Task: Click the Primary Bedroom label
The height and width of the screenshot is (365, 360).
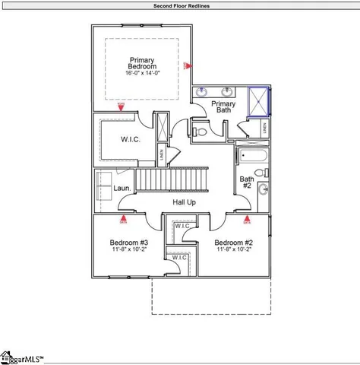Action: click(x=142, y=64)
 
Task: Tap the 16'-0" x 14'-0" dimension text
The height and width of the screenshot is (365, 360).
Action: click(x=142, y=75)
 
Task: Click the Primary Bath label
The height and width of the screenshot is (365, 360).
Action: click(x=223, y=107)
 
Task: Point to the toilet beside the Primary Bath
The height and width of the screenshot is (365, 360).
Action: click(x=199, y=132)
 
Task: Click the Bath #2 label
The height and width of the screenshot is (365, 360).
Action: click(x=246, y=182)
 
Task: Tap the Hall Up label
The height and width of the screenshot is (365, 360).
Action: click(x=185, y=202)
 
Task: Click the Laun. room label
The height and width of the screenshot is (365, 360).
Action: click(x=122, y=188)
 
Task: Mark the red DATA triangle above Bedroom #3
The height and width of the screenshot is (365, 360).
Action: click(x=123, y=221)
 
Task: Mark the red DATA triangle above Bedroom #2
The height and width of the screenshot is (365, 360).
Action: click(x=247, y=221)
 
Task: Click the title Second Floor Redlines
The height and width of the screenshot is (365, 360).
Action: click(x=180, y=5)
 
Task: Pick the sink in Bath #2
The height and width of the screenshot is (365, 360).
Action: click(x=263, y=189)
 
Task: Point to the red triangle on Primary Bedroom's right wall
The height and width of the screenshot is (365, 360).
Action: click(x=187, y=66)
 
